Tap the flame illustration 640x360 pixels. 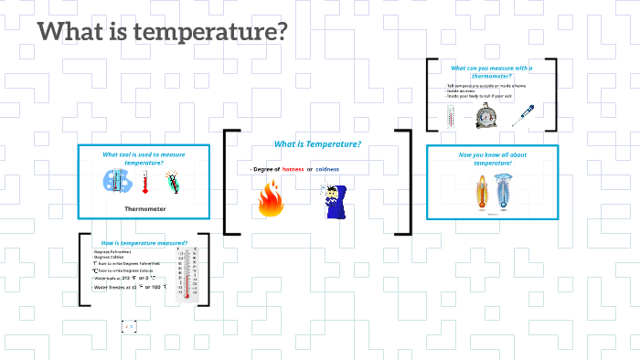tap(271, 199)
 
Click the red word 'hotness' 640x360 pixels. tap(293, 170)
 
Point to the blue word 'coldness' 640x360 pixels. tap(327, 170)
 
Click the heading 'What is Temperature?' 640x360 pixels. tap(317, 144)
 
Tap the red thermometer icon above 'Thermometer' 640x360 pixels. tap(144, 183)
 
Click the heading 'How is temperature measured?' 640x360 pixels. tap(144, 243)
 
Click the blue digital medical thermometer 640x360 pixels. tap(525, 117)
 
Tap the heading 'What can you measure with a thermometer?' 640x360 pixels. tap(491, 71)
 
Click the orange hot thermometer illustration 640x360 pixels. tap(480, 193)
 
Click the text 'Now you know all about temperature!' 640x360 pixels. tap(492, 158)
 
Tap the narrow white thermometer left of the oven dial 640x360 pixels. tap(451, 116)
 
